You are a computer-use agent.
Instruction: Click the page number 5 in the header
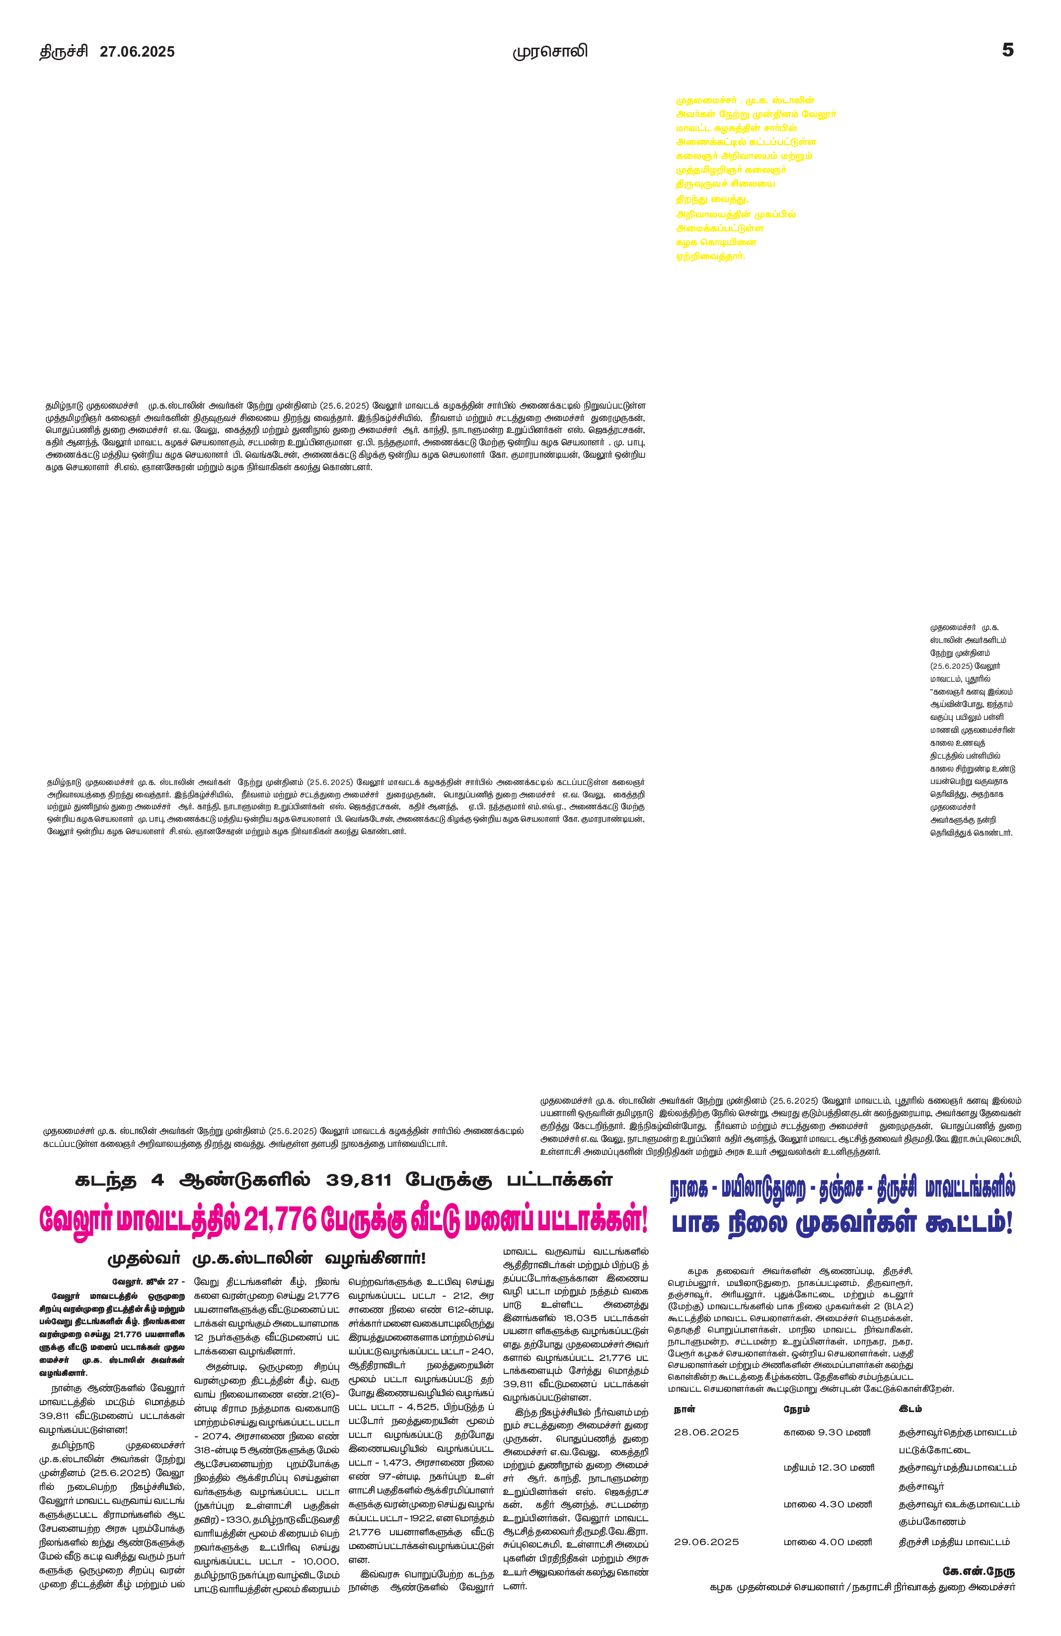[1007, 50]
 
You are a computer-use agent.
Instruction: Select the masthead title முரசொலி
[550, 52]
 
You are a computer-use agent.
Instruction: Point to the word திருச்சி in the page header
[63, 52]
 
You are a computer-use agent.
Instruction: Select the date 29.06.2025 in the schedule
[706, 1542]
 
